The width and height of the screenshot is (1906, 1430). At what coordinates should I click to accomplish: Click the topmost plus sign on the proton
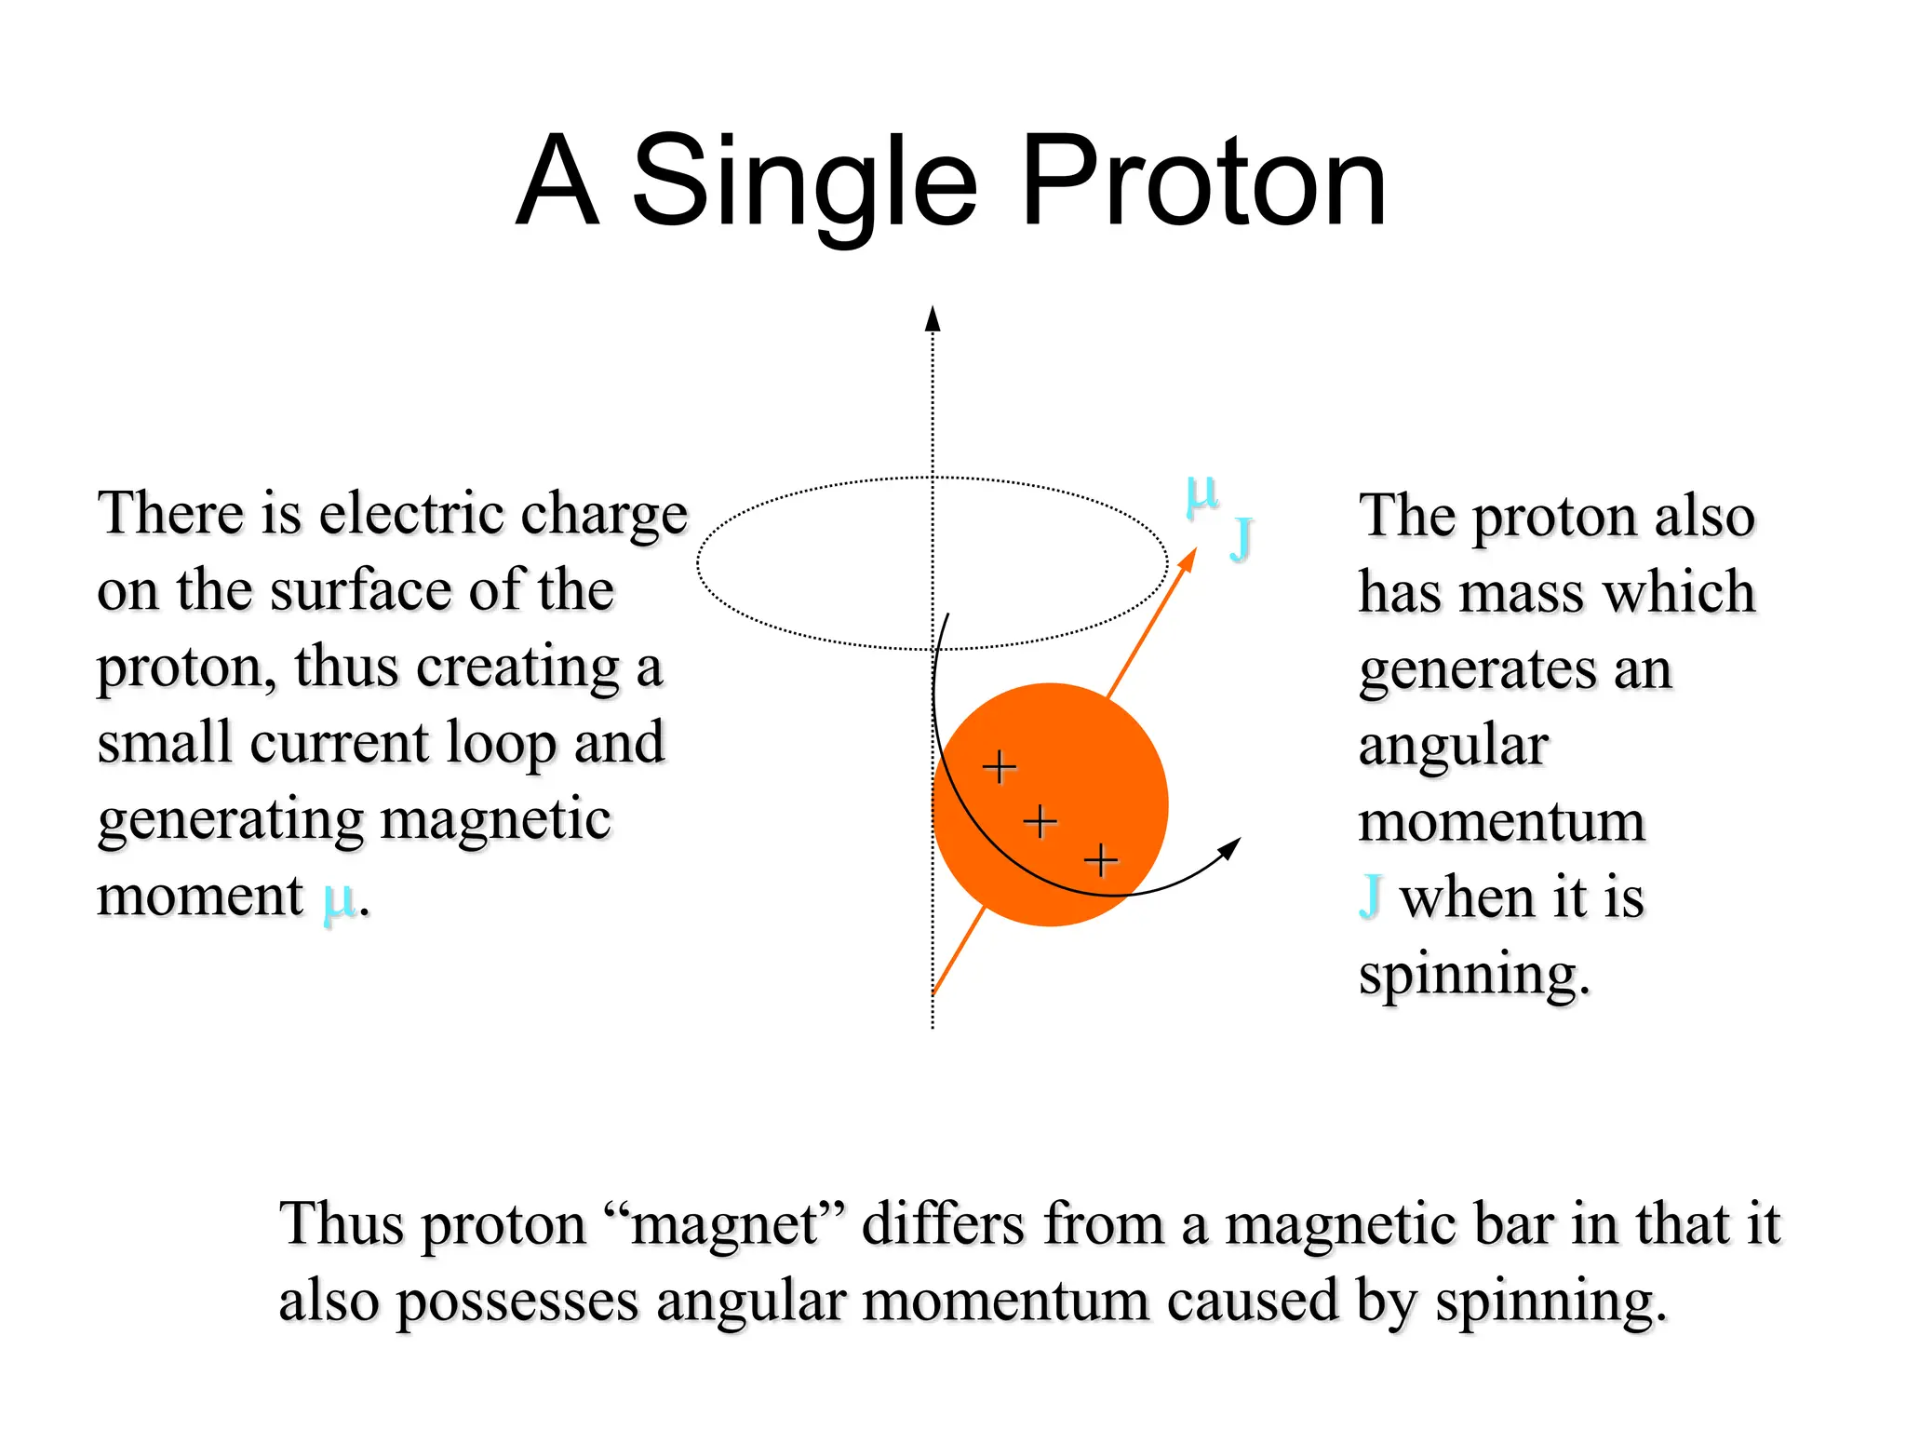(x=1000, y=767)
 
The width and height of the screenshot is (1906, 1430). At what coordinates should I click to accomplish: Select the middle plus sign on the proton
(x=1040, y=821)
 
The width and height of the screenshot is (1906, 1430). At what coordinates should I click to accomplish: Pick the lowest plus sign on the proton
(x=1101, y=859)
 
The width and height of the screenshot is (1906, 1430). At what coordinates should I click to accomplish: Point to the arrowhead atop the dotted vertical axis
(x=933, y=319)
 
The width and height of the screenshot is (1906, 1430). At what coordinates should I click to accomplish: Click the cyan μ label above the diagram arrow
(x=1201, y=493)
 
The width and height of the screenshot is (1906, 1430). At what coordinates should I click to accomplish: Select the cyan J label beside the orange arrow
(x=1242, y=538)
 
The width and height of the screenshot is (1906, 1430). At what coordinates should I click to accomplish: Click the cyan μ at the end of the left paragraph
(x=339, y=899)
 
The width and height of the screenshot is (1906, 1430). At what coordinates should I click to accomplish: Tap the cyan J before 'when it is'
(x=1370, y=896)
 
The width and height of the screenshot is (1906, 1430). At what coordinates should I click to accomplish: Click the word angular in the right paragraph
(x=1453, y=746)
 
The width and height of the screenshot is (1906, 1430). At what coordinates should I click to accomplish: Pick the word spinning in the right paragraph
(x=1472, y=976)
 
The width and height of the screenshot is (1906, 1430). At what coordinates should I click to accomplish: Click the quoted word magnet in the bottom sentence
(x=725, y=1224)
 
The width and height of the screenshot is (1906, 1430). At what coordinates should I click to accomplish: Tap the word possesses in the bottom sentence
(x=517, y=1302)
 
